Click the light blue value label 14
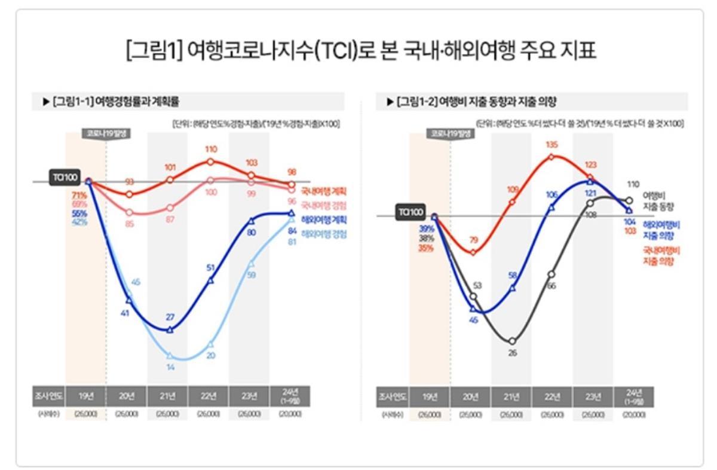[170, 367]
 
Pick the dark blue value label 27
[170, 317]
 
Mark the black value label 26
[513, 353]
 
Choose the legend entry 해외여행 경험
[324, 234]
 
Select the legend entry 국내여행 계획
[324, 192]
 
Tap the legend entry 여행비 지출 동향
[658, 201]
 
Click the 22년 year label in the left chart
[209, 396]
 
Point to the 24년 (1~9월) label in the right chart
[634, 396]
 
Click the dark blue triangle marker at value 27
[170, 329]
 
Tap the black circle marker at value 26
[513, 341]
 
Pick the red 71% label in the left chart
[79, 196]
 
